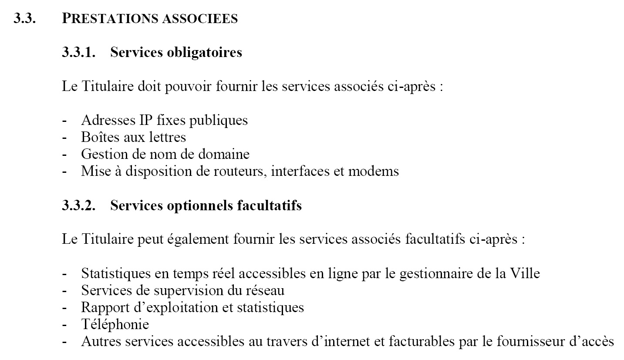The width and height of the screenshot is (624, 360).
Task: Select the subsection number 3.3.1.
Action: (x=79, y=52)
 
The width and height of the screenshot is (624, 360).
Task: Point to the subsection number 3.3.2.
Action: (x=79, y=205)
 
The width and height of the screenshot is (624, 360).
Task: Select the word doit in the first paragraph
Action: (x=149, y=86)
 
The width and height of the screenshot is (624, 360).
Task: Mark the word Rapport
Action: (x=102, y=307)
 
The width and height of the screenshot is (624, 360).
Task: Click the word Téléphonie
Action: (x=115, y=324)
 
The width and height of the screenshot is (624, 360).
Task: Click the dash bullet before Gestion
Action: (x=65, y=154)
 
